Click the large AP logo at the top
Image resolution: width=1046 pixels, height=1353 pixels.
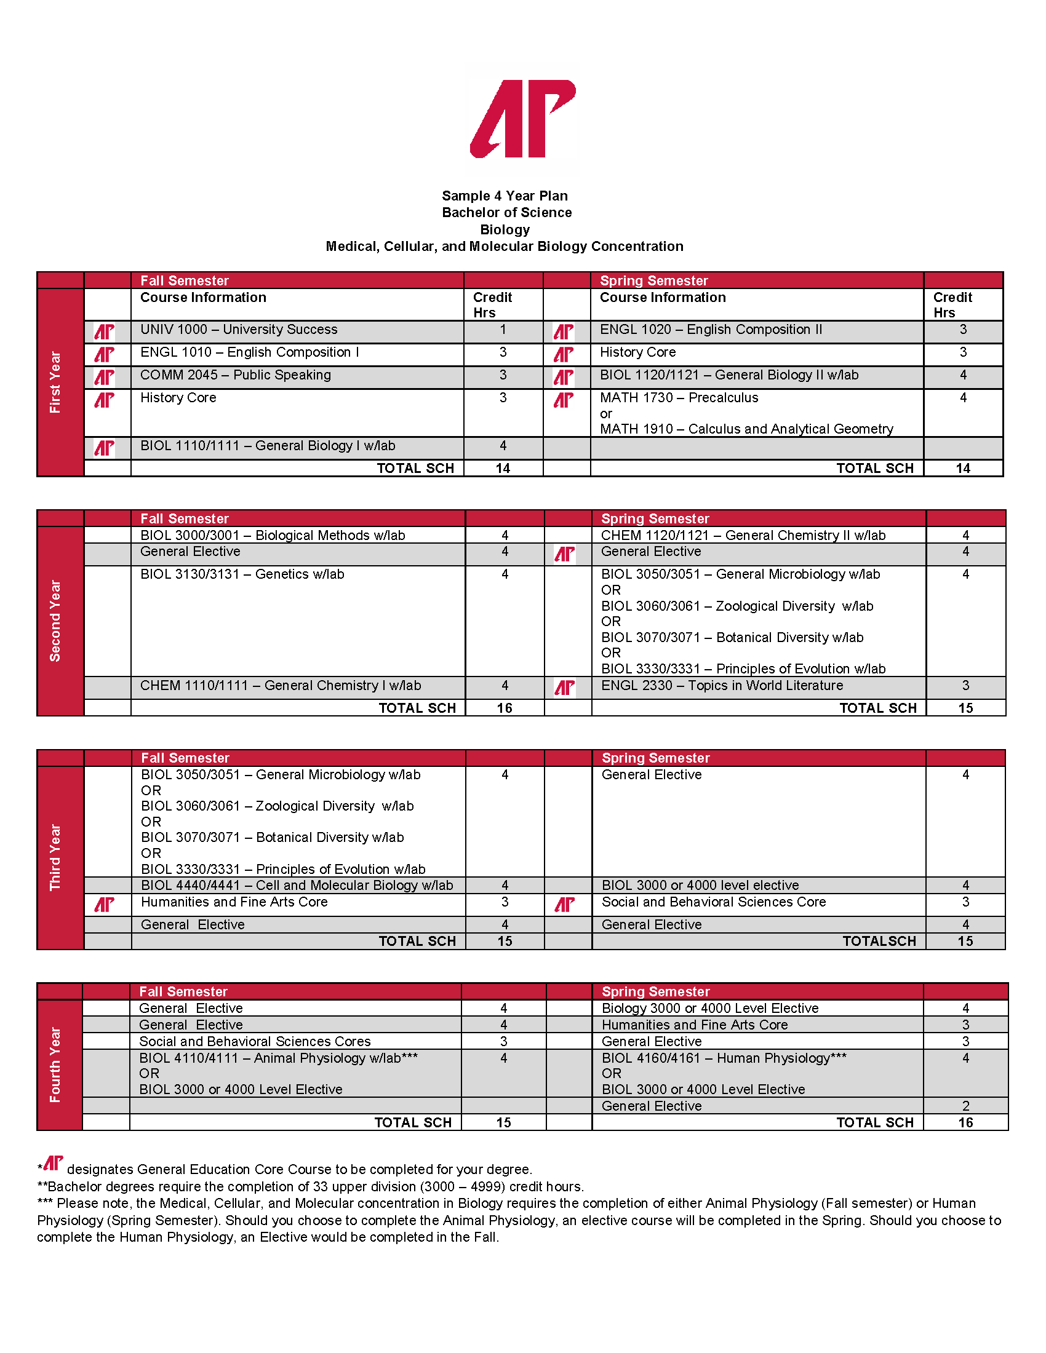click(x=522, y=118)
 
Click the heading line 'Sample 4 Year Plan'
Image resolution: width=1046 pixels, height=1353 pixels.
click(x=505, y=196)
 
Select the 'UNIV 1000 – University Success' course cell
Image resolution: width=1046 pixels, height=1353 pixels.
click(x=239, y=330)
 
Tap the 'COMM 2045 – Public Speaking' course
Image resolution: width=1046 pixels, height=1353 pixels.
click(x=236, y=375)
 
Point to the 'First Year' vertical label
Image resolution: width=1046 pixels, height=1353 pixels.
click(x=55, y=383)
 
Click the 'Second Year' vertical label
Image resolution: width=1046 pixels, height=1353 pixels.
click(x=55, y=621)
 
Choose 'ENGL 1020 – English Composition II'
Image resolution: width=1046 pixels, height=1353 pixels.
click(x=711, y=330)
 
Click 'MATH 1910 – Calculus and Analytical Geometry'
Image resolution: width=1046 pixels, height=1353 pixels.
click(x=746, y=429)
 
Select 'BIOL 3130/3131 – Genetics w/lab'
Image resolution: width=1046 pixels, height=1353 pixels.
click(x=242, y=574)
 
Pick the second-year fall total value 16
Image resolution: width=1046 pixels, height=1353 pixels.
click(x=505, y=708)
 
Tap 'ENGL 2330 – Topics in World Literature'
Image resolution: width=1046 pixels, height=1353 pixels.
click(x=722, y=685)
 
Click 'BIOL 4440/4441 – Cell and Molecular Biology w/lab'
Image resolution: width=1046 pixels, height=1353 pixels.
click(x=297, y=885)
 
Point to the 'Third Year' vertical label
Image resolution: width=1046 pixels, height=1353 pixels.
click(x=55, y=857)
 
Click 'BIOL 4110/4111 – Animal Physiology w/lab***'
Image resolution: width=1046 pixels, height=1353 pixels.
click(x=278, y=1058)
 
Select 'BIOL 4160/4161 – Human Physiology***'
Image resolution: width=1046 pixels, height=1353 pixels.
click(x=724, y=1058)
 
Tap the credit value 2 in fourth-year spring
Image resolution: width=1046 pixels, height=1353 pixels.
click(x=965, y=1106)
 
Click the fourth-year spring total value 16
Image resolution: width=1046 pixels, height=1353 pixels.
click(x=965, y=1122)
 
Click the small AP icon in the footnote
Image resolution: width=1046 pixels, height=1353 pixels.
click(x=54, y=1164)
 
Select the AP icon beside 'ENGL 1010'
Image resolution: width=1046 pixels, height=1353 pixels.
click(x=104, y=354)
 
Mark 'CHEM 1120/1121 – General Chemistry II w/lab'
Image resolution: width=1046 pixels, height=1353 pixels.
click(x=743, y=535)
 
